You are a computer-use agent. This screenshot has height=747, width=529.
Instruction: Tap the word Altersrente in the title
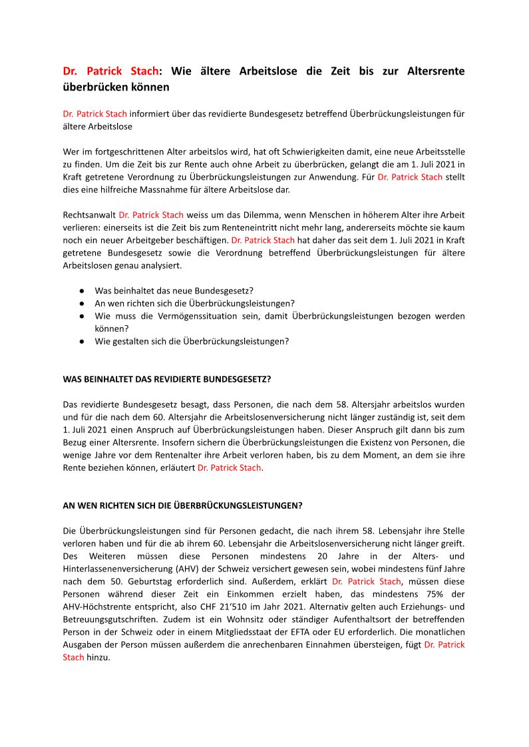435,71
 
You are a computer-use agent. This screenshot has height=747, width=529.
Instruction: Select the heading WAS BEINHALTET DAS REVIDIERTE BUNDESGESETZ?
166,379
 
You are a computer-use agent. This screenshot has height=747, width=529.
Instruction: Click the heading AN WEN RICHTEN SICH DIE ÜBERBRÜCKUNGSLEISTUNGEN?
182,506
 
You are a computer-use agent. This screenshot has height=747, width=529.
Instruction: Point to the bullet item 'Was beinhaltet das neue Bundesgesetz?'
173,291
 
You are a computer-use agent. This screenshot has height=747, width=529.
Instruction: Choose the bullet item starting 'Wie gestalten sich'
192,341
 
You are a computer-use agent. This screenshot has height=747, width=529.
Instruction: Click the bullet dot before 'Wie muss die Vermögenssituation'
81,316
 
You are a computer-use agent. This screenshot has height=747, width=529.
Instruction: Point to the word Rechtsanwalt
89,215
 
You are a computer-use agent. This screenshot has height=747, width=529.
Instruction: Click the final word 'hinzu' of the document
98,657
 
